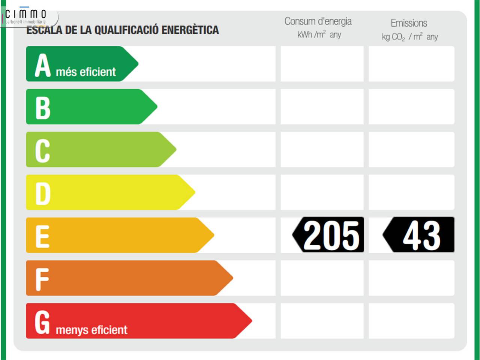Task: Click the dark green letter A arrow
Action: pyautogui.click(x=81, y=64)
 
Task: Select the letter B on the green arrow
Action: pyautogui.click(x=43, y=108)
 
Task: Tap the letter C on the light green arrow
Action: pyautogui.click(x=42, y=150)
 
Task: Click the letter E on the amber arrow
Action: pyautogui.click(x=42, y=236)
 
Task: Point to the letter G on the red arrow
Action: pyautogui.click(x=42, y=321)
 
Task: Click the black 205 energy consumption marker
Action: pyautogui.click(x=328, y=235)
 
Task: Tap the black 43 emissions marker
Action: pyautogui.click(x=419, y=235)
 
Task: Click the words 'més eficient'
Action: pyautogui.click(x=86, y=72)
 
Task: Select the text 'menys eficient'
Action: pyautogui.click(x=91, y=330)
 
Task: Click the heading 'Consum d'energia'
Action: pyautogui.click(x=318, y=21)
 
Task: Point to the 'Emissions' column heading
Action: pyautogui.click(x=409, y=23)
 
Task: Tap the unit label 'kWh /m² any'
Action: pyautogui.click(x=319, y=35)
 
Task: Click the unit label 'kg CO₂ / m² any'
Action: pyautogui.click(x=409, y=37)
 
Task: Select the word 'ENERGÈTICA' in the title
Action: pyautogui.click(x=190, y=30)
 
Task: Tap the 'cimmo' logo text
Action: pyautogui.click(x=26, y=14)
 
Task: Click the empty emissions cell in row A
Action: pyautogui.click(x=411, y=64)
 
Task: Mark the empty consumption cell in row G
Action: pyautogui.click(x=322, y=321)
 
